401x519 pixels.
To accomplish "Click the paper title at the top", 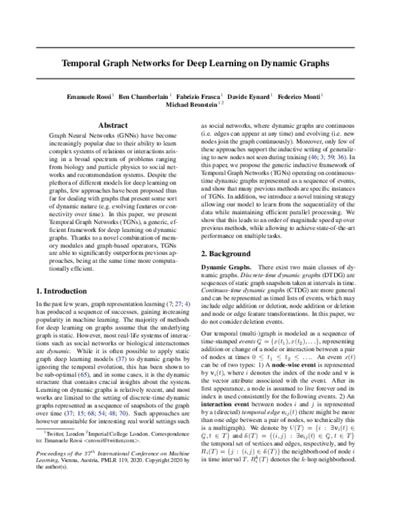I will pos(200,65).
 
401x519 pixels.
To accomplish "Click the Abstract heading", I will pos(113,125).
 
